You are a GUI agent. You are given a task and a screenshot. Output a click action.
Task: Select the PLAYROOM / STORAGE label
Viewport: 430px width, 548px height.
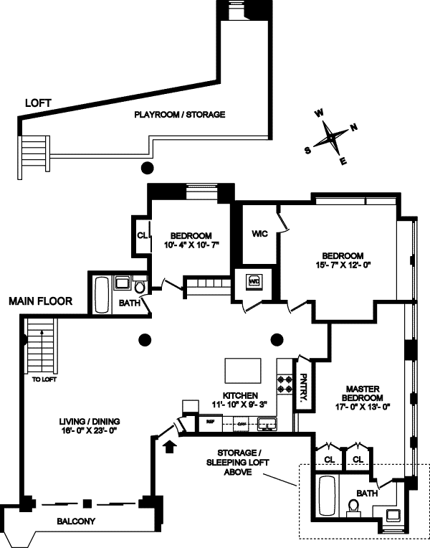[x=180, y=114]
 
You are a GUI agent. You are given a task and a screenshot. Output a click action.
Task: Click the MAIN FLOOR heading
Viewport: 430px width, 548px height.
[x=40, y=301]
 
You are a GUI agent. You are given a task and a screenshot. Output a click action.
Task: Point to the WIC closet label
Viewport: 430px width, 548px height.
[x=259, y=235]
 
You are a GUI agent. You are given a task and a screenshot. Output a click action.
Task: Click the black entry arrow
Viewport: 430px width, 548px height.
[x=169, y=448]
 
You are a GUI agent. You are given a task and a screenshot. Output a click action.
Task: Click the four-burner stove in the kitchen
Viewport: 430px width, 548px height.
[x=285, y=385]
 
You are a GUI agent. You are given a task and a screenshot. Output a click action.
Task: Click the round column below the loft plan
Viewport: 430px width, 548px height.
[x=146, y=169]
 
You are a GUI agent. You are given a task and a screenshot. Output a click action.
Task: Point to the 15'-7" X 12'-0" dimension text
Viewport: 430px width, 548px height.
[x=343, y=265]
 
